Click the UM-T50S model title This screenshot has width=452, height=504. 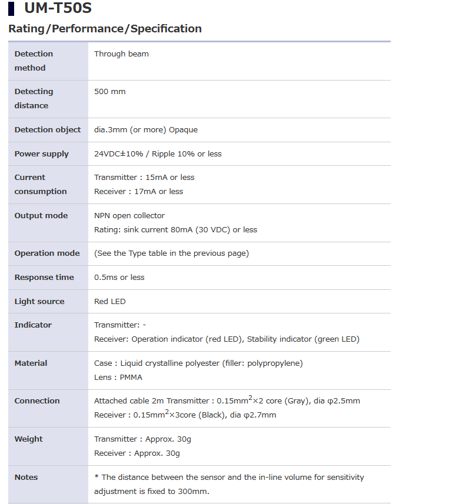pyautogui.click(x=58, y=8)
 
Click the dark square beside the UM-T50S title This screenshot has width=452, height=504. pyautogui.click(x=11, y=9)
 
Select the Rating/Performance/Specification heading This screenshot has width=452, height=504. pyautogui.click(x=105, y=28)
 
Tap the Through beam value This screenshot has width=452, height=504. pyautogui.click(x=121, y=54)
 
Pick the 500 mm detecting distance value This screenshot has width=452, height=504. pyautogui.click(x=109, y=91)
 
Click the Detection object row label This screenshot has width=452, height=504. pyautogui.click(x=48, y=129)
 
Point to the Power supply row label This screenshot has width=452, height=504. pyautogui.click(x=41, y=153)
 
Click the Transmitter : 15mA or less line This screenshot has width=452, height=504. pyautogui.click(x=144, y=177)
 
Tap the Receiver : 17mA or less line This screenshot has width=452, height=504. pyautogui.click(x=138, y=191)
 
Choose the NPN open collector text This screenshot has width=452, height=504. pyautogui.click(x=129, y=215)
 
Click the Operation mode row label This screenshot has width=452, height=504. pyautogui.click(x=47, y=253)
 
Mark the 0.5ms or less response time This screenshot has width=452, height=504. pyautogui.click(x=119, y=277)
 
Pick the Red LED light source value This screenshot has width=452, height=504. pyautogui.click(x=109, y=301)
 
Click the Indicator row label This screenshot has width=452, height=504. pyautogui.click(x=33, y=325)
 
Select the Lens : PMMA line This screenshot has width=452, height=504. pyautogui.click(x=118, y=377)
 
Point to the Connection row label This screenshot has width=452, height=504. pyautogui.click(x=37, y=400)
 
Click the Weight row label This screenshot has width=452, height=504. pyautogui.click(x=28, y=439)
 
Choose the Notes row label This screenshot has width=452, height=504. pyautogui.click(x=26, y=477)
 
